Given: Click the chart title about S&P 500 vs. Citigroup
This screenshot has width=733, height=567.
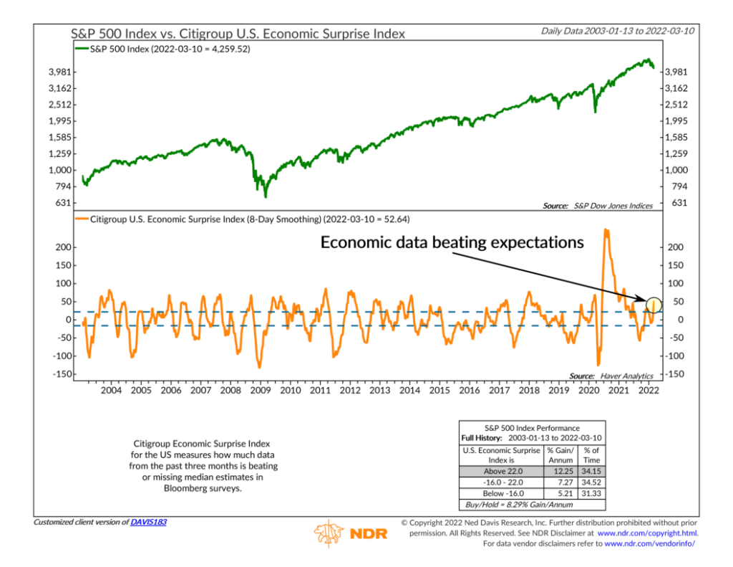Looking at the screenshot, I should pyautogui.click(x=238, y=33).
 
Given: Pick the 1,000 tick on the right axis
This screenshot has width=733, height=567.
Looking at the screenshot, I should pyautogui.click(x=676, y=170).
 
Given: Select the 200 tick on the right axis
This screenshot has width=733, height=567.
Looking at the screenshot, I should pyautogui.click(x=674, y=247).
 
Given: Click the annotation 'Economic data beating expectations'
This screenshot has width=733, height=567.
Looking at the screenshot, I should pyautogui.click(x=452, y=242).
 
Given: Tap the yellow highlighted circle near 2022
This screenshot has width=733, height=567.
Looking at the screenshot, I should pyautogui.click(x=653, y=305).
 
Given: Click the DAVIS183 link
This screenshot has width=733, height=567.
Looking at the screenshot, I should pyautogui.click(x=148, y=522).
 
